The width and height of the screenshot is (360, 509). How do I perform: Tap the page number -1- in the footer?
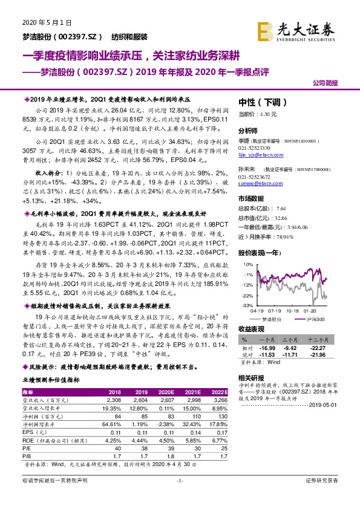click(180, 498)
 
